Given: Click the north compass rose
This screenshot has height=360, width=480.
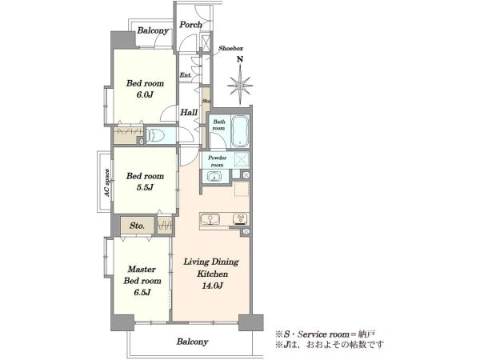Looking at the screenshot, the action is click(x=240, y=86).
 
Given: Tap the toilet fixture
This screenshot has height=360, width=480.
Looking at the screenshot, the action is click(x=156, y=135).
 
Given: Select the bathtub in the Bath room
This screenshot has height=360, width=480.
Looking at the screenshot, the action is click(x=240, y=131).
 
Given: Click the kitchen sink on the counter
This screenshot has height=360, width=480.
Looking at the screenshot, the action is click(x=210, y=219).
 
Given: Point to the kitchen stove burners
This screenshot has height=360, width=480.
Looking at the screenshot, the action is click(x=240, y=219).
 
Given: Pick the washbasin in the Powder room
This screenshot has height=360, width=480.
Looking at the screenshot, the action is click(x=214, y=177).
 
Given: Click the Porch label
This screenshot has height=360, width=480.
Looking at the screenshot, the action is click(x=190, y=25).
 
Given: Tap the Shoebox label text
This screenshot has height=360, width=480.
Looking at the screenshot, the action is click(x=230, y=48).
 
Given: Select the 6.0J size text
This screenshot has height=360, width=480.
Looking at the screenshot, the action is click(x=145, y=94).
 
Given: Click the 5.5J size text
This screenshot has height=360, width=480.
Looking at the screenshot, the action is click(x=145, y=187).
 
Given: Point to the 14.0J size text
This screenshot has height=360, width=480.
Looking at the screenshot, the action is click(x=212, y=286).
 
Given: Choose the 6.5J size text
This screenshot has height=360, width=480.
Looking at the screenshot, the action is click(x=142, y=292).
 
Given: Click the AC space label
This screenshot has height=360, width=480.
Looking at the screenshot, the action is click(x=106, y=183).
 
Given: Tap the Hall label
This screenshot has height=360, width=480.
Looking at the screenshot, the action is click(x=189, y=112).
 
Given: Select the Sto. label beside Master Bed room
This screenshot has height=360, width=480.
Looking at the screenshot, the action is click(x=137, y=226).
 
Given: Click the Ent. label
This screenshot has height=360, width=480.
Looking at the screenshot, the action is click(x=186, y=74).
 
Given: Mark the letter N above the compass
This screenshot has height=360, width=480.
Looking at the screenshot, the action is click(x=240, y=59).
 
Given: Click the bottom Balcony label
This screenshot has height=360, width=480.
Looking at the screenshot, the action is click(x=192, y=342).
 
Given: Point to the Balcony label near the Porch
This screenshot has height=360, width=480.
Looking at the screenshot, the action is click(x=153, y=30).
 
